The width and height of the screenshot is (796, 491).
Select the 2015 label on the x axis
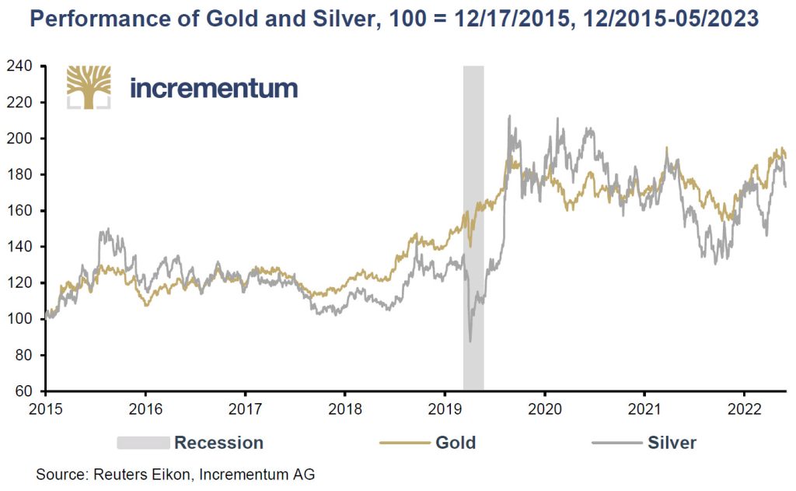[44, 407]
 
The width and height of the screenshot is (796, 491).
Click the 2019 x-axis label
[445, 407]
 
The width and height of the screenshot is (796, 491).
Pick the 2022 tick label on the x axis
[745, 407]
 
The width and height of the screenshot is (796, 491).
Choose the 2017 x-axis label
[245, 407]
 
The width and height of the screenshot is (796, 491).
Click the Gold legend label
[456, 443]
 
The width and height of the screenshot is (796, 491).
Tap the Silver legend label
[672, 443]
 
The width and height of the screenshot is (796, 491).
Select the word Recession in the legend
[218, 443]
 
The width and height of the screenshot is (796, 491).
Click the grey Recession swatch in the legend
[143, 443]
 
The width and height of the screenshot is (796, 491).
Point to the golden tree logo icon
[89, 86]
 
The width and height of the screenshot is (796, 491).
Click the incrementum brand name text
[214, 88]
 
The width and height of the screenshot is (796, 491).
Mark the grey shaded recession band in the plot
[473, 233]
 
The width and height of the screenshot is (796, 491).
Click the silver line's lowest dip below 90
[470, 341]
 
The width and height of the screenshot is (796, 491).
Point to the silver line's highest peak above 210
[509, 117]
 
